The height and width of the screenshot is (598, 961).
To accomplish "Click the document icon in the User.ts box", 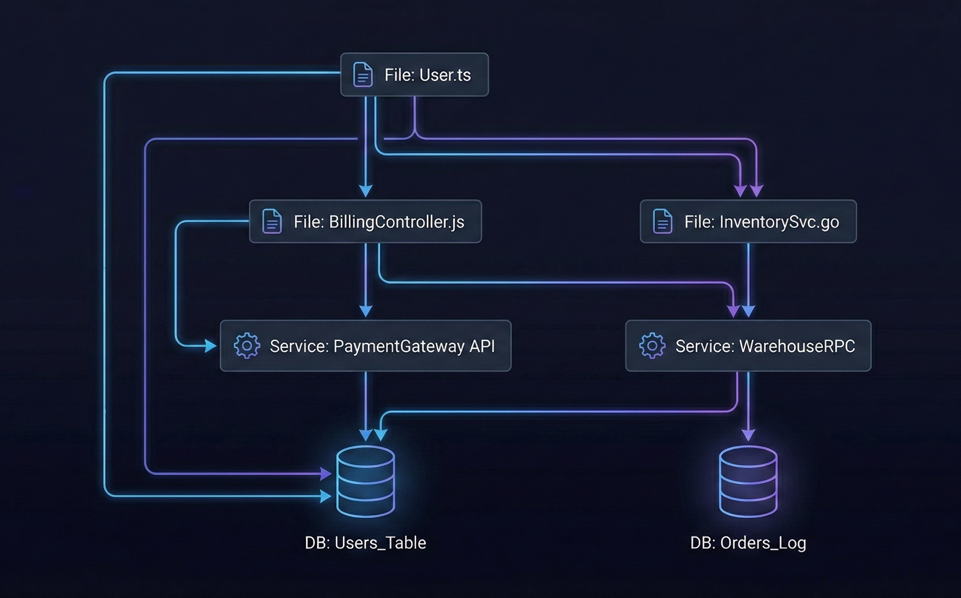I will tap(363, 74).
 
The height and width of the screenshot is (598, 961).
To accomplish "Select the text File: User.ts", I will tap(427, 75).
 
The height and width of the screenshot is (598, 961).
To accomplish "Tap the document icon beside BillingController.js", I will tap(272, 222).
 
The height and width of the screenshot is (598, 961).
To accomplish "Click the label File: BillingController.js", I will tap(379, 222).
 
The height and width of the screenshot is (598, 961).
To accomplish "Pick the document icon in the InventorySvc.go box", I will tap(663, 222).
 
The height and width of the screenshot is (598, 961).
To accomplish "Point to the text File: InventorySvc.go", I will tap(761, 222).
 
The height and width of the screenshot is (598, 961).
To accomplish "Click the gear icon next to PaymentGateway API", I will tap(247, 346).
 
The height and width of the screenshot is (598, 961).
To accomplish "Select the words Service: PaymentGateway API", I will tap(382, 346).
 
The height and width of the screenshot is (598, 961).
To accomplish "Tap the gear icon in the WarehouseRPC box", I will tap(652, 346).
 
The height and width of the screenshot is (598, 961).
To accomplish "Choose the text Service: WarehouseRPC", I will tap(765, 346).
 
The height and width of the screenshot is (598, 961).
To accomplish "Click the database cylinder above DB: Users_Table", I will tap(365, 481).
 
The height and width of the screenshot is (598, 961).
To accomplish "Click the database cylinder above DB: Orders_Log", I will tap(748, 481).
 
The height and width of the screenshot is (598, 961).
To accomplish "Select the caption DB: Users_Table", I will tap(365, 543).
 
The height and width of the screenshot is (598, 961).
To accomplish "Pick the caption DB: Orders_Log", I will tap(748, 543).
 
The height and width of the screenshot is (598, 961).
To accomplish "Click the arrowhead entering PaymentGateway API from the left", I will tap(211, 346).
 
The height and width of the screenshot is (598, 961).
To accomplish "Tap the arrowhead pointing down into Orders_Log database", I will tap(748, 435).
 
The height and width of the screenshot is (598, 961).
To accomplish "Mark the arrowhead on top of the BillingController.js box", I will tap(366, 191).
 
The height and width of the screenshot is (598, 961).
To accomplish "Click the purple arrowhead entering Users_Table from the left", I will tap(326, 473).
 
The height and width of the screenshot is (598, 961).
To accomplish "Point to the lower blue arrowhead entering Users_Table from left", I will tap(326, 496).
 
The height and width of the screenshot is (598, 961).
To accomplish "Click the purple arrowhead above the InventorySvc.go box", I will tap(756, 191).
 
